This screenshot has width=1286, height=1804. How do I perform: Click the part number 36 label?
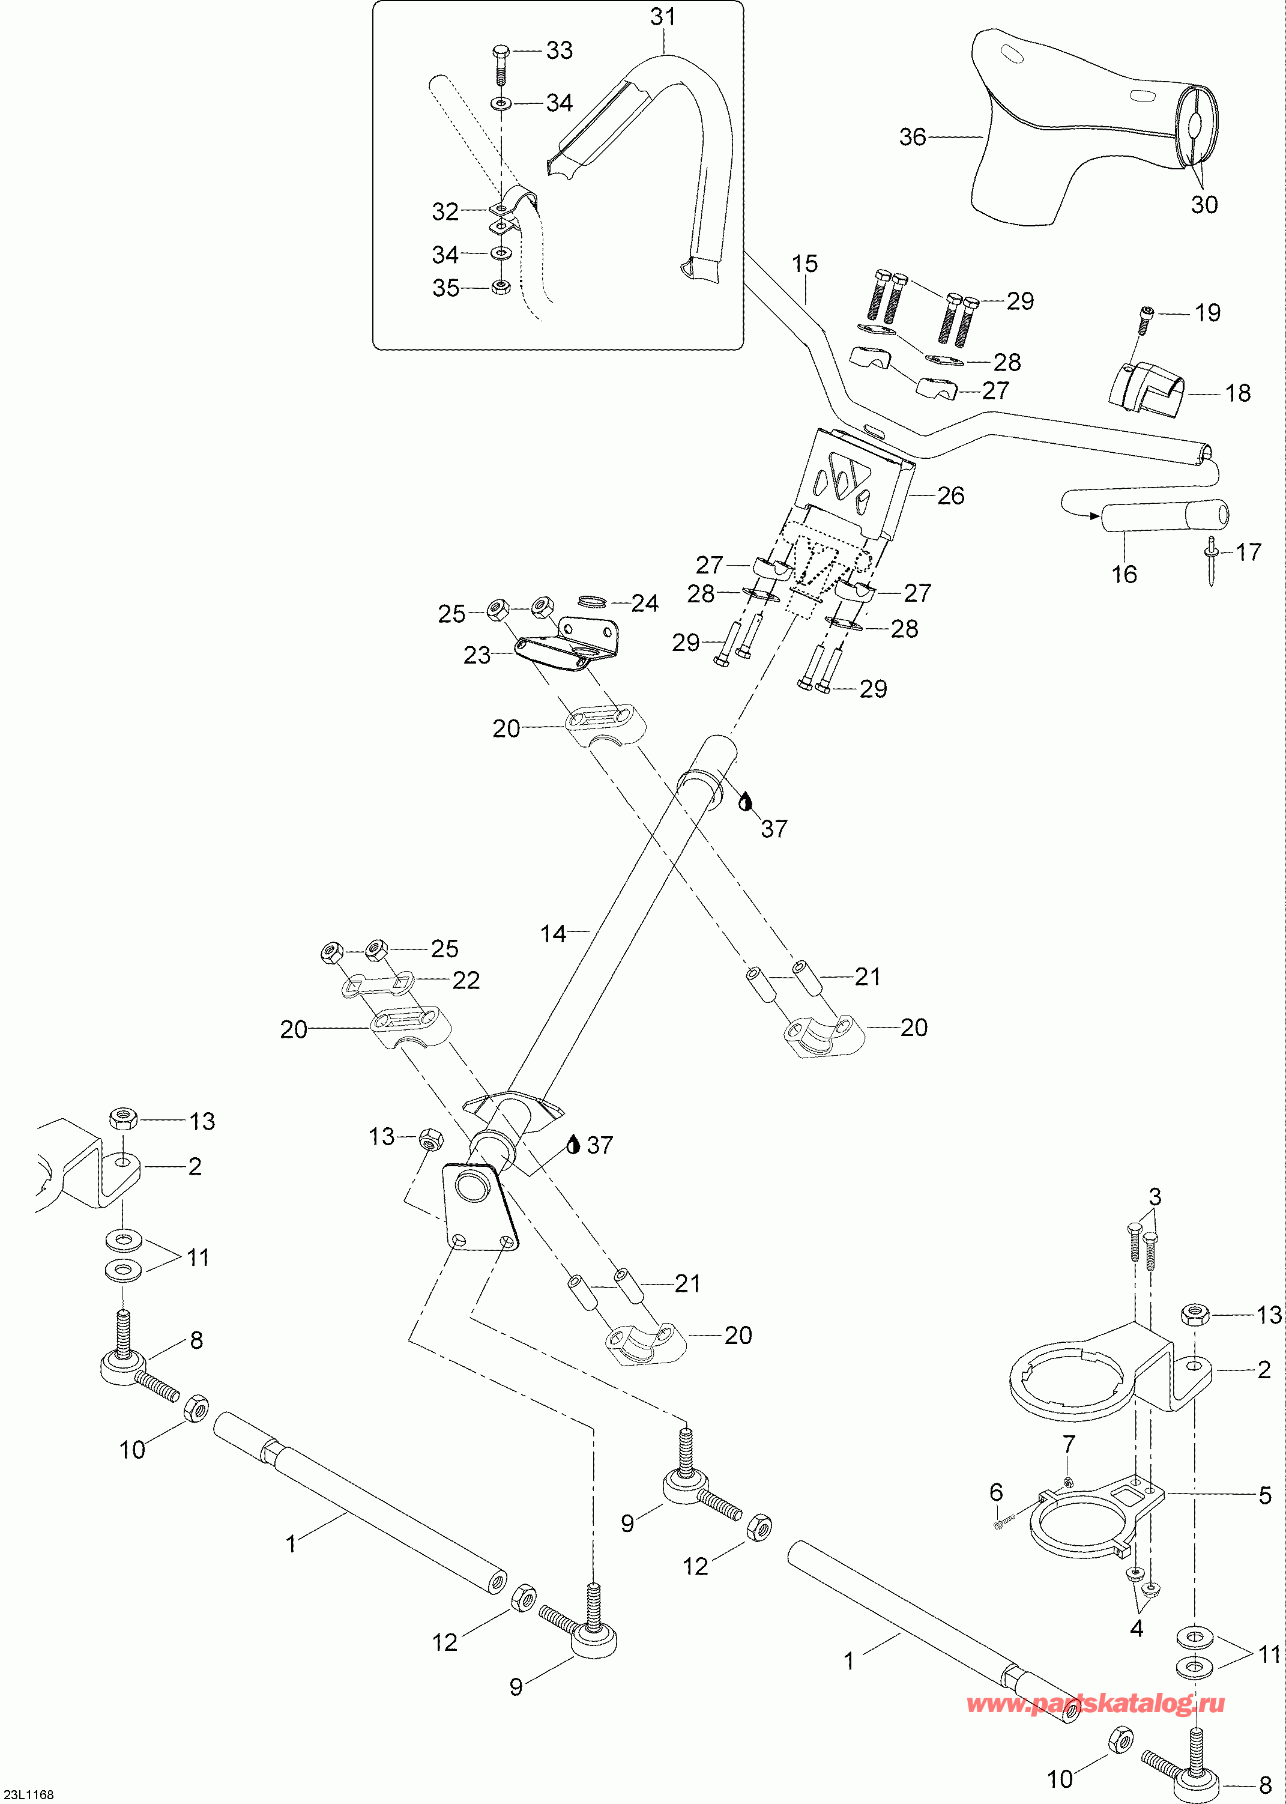(912, 137)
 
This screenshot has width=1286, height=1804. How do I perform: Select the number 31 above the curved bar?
(663, 17)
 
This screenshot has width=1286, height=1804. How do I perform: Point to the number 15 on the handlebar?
(805, 264)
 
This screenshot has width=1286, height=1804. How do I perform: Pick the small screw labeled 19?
(1147, 313)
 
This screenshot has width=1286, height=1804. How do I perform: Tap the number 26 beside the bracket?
(950, 496)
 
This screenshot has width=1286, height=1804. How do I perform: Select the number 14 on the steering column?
(553, 934)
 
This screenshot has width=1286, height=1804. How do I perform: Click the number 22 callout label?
(466, 981)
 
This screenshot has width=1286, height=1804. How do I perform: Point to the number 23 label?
(477, 655)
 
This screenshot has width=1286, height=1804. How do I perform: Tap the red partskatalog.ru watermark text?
(1096, 1704)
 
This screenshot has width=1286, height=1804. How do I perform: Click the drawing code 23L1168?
(28, 1794)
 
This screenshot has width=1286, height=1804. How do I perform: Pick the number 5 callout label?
(1264, 1495)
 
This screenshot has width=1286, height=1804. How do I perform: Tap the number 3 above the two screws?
(1155, 1195)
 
